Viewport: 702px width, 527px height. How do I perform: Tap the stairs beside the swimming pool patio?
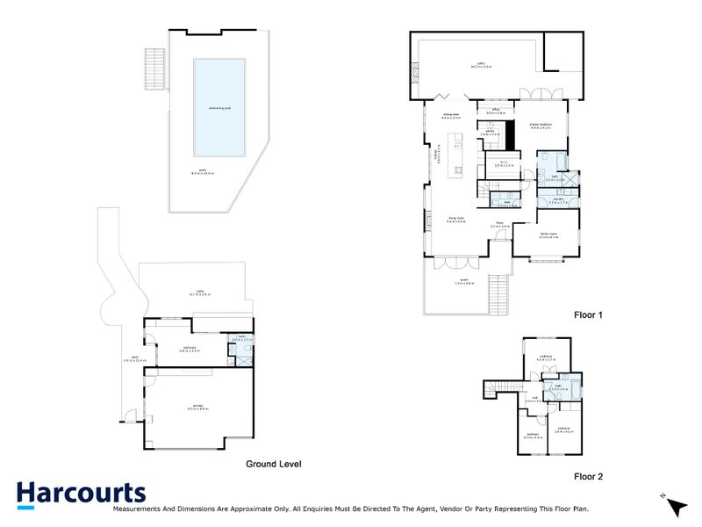click(x=155, y=68)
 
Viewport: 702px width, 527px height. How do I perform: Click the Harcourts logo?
click(x=81, y=494)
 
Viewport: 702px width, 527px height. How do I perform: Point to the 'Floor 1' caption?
click(x=589, y=314)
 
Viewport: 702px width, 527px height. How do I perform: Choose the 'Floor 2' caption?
click(x=589, y=476)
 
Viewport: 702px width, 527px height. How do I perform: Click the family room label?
click(x=548, y=235)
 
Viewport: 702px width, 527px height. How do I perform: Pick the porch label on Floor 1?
click(x=464, y=282)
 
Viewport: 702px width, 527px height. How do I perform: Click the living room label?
click(x=457, y=221)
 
